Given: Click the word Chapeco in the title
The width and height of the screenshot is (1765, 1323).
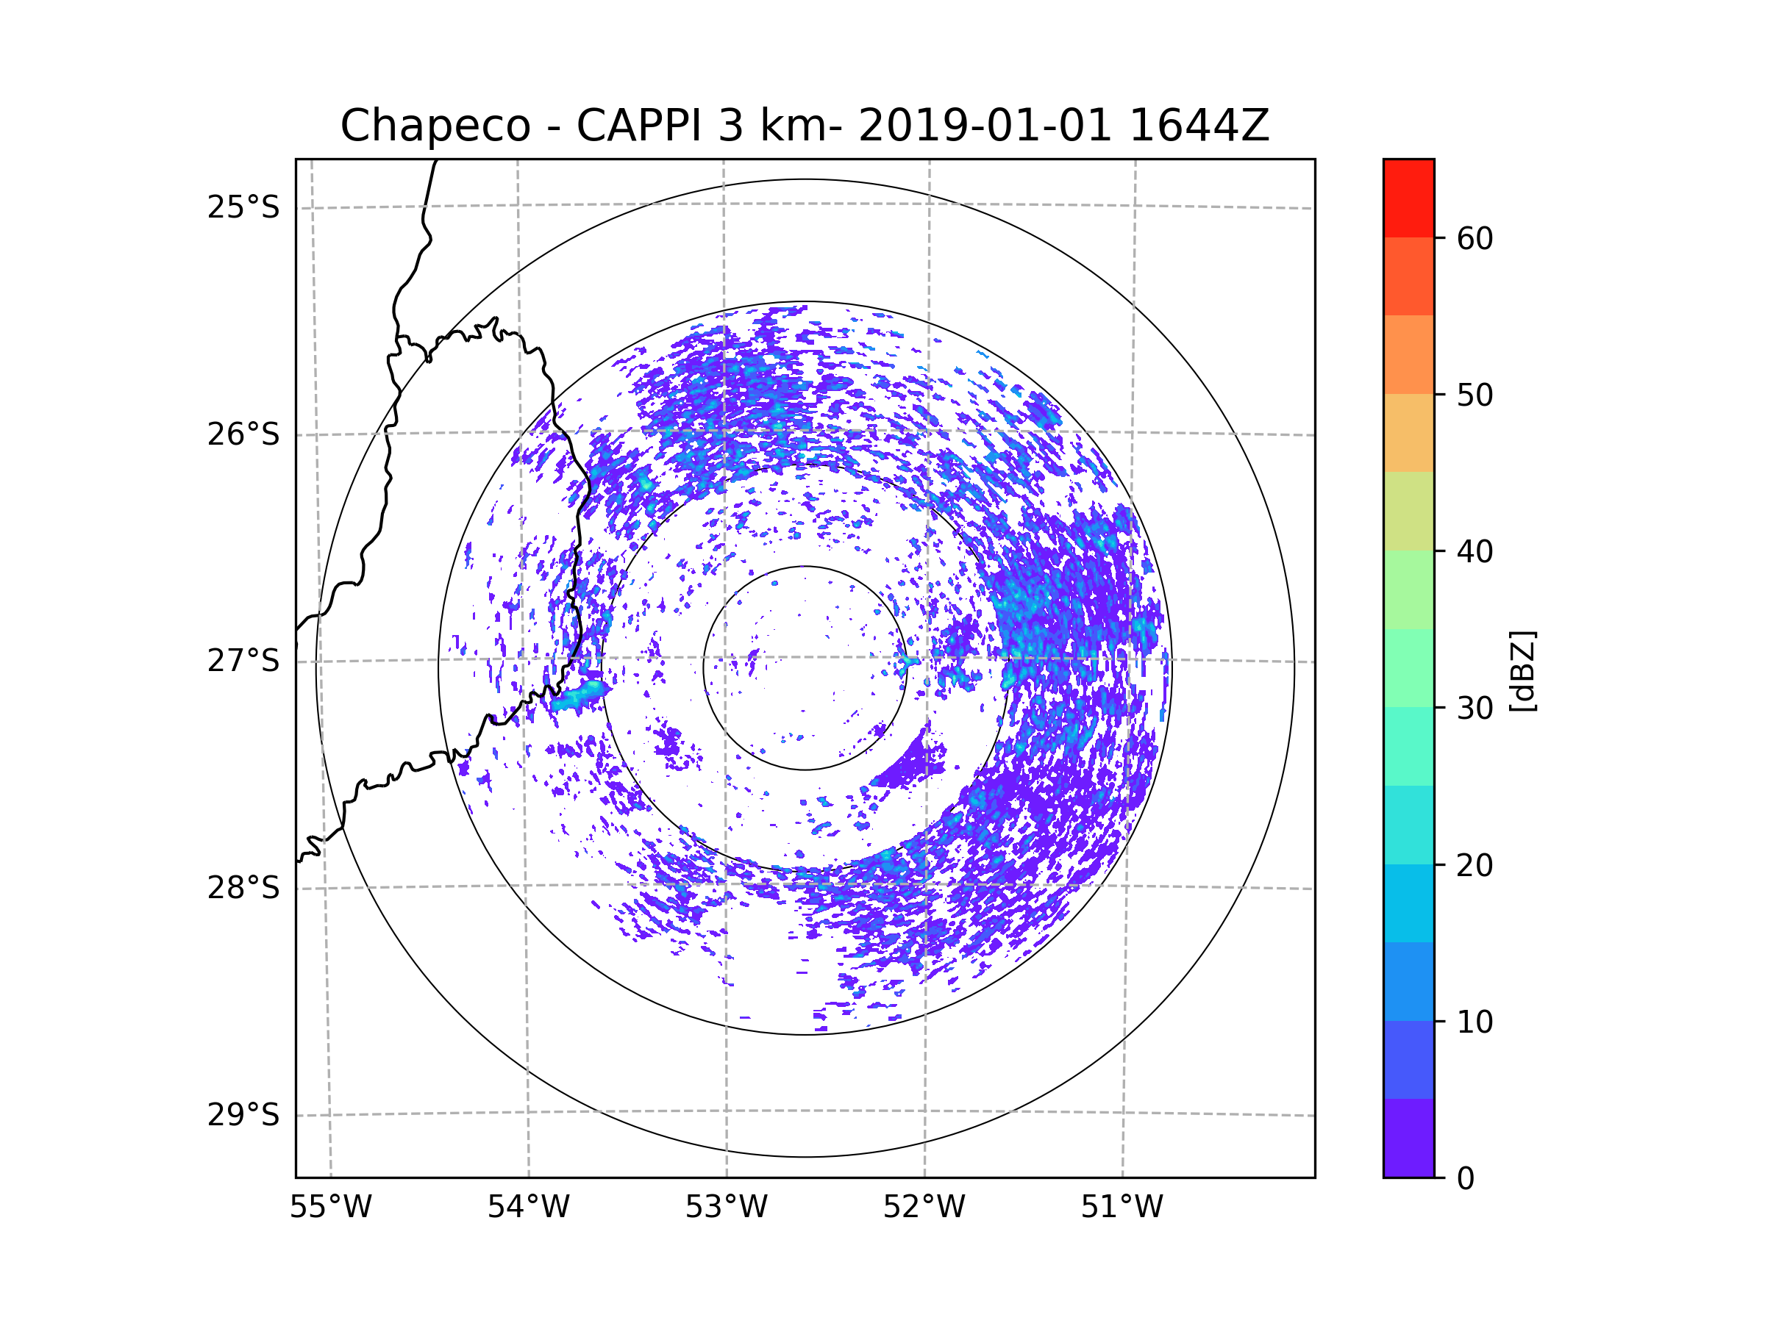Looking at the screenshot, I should (435, 126).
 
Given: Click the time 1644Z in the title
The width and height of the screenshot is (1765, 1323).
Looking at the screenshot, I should (1199, 126).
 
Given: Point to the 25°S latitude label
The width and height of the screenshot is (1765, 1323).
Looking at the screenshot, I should (243, 207).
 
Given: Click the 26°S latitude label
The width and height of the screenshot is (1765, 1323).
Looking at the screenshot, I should (243, 434).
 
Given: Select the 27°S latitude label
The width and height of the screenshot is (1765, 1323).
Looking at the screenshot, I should (243, 661).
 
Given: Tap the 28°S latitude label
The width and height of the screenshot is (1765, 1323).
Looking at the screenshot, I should (243, 888).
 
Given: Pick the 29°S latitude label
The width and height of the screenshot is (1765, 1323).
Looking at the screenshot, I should (243, 1115).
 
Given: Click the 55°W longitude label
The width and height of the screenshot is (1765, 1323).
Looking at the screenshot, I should (330, 1208).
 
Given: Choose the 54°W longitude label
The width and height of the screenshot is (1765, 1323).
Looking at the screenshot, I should (528, 1208).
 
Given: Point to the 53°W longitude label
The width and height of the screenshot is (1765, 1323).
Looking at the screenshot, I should (726, 1208).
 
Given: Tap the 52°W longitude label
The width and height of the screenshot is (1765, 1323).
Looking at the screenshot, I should (924, 1208).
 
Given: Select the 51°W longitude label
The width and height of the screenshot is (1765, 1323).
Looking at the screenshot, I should (1122, 1208).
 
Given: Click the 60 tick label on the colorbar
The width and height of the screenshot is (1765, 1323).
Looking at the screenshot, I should (1475, 238).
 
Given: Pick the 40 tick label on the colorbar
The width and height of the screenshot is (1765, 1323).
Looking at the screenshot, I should (1475, 551).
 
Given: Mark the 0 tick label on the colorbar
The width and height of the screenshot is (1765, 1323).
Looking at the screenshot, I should (1466, 1179).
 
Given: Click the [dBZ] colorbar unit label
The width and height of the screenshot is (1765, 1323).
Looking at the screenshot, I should (1522, 670).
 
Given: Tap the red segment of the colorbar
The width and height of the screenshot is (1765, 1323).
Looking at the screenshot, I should (1408, 198).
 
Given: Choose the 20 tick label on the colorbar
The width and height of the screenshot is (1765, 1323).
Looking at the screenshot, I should (1475, 865).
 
